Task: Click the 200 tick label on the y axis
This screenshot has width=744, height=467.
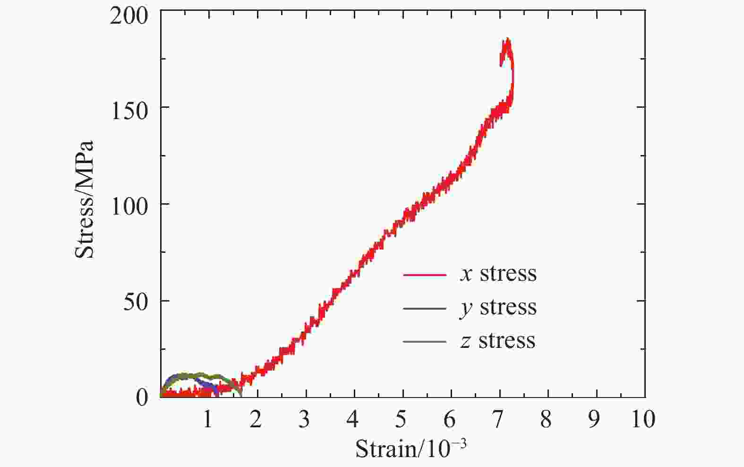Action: (128, 17)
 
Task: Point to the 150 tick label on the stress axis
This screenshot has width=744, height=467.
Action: (128, 112)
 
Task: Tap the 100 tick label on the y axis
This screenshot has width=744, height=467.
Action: (128, 207)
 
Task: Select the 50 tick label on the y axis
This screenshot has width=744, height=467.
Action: (136, 303)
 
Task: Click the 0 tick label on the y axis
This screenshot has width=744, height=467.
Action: (142, 398)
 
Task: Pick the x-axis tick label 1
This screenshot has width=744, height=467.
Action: (207, 419)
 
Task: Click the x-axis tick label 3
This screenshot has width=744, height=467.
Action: (304, 419)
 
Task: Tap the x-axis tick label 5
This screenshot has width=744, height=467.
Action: (401, 419)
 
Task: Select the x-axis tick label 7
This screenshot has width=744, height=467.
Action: (497, 419)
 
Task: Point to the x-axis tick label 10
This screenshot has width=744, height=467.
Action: (643, 419)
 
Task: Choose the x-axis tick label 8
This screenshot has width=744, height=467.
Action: (546, 419)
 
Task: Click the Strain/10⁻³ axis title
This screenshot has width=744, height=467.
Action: (410, 448)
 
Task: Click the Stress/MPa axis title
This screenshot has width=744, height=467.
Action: (85, 199)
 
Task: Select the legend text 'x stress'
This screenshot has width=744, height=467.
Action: (498, 274)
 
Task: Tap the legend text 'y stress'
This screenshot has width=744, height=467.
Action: (498, 308)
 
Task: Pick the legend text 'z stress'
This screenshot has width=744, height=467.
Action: (498, 341)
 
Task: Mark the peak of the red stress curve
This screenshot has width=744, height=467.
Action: (507, 40)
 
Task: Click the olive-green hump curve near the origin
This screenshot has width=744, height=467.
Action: (201, 375)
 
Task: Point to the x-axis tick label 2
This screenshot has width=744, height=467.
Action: (256, 419)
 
